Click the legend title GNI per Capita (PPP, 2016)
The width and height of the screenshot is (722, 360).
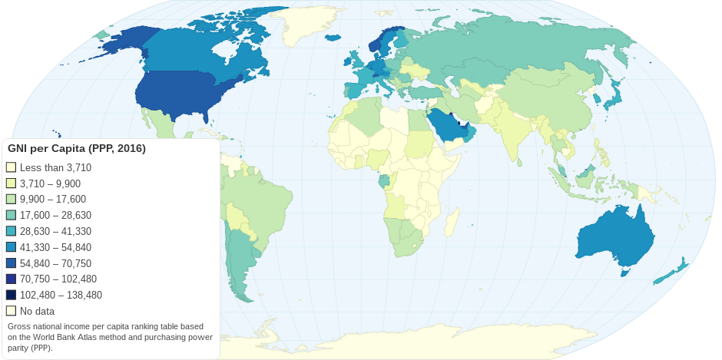(x=77, y=148)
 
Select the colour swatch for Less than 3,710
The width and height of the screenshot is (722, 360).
(x=11, y=167)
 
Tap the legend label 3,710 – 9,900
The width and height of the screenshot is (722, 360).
(x=50, y=183)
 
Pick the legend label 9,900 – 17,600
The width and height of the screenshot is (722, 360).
(x=52, y=200)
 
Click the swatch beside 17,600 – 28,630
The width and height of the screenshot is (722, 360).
(x=11, y=215)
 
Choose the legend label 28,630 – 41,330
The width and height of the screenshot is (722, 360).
(x=55, y=231)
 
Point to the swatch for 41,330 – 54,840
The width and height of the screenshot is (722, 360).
(x=11, y=247)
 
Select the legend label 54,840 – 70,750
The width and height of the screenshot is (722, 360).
(x=55, y=263)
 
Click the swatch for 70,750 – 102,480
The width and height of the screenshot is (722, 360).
(x=11, y=279)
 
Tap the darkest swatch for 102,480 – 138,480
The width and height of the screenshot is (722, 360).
(x=11, y=296)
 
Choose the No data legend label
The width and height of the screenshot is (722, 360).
(x=37, y=312)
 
